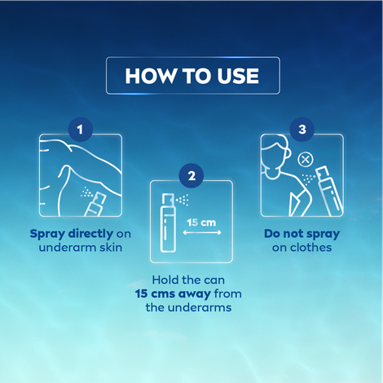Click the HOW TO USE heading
tap(191, 76)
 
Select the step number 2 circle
tap(191, 176)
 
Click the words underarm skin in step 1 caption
tap(80, 248)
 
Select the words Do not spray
tap(302, 234)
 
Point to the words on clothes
tap(302, 248)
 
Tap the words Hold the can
tap(191, 280)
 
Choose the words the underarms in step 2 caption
tap(191, 308)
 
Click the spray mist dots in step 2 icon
tap(184, 198)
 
